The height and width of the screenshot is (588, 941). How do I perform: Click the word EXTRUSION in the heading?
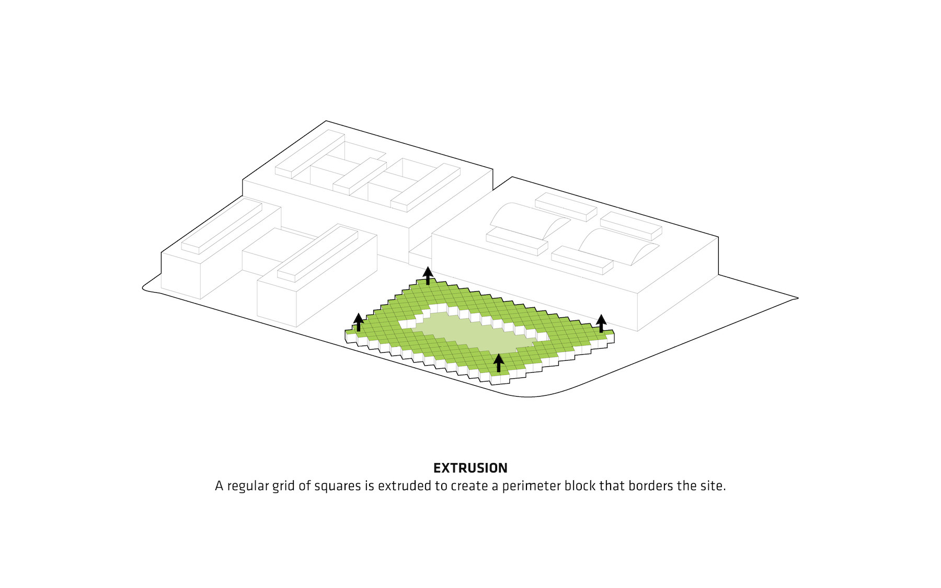tap(470, 468)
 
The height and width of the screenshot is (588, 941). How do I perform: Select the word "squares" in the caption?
tap(338, 486)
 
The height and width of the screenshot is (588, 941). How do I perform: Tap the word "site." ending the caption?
tap(713, 486)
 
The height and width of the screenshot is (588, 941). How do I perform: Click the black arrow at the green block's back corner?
tap(428, 275)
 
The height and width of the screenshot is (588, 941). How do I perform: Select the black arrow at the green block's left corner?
tap(359, 322)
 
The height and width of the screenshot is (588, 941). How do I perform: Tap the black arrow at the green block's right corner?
tap(601, 323)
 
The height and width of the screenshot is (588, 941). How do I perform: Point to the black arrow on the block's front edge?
tap(499, 363)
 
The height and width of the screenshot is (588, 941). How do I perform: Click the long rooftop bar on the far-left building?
tap(222, 227)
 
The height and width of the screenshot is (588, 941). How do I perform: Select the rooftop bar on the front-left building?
tap(317, 253)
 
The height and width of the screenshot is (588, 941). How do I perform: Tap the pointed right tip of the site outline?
tap(798, 298)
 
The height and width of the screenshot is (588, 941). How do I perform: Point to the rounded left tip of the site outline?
tap(143, 287)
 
